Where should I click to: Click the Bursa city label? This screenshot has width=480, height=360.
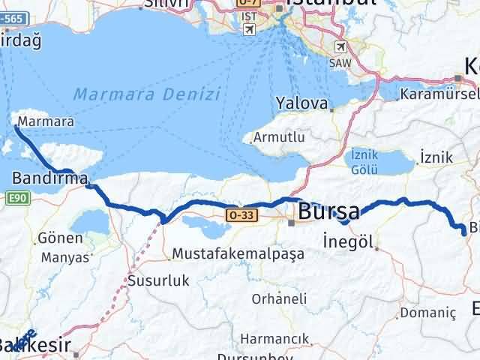tap(328, 212)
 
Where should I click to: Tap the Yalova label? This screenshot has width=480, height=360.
tap(302, 103)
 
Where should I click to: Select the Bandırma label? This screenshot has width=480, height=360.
tap(49, 178)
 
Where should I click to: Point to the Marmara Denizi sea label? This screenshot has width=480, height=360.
tap(147, 94)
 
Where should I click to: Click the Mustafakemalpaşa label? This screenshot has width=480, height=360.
tap(238, 253)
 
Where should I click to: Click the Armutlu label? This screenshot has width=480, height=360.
tap(278, 137)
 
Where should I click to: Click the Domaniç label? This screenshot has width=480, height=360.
tap(428, 311)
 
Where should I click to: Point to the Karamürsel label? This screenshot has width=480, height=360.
tap(439, 94)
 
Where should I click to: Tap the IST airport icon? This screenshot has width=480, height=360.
tap(248, 28)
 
